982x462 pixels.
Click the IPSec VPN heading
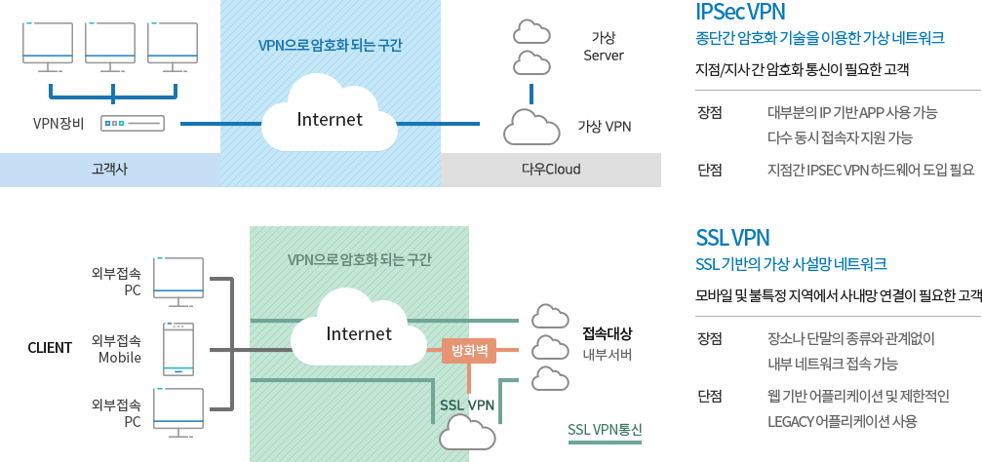tap(740, 12)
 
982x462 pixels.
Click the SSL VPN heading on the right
tap(732, 237)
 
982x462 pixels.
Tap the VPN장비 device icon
tap(132, 124)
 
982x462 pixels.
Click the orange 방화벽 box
tap(470, 349)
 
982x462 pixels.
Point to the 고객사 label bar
tap(109, 170)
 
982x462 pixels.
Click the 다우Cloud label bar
tap(551, 170)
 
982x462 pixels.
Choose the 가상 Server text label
tap(603, 46)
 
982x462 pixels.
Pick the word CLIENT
tap(50, 348)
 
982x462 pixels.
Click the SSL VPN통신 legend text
tap(605, 430)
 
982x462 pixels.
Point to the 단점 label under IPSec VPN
tap(710, 170)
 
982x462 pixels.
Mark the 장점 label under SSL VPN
tap(710, 339)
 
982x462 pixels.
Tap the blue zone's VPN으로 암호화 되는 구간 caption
tap(330, 45)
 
